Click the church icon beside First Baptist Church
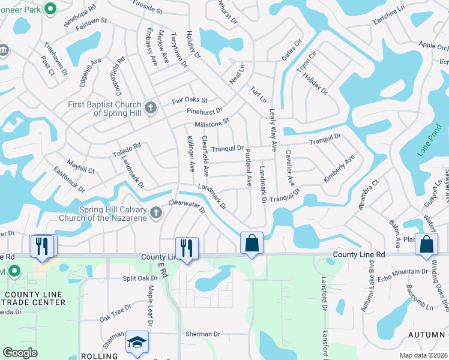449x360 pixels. [x=151, y=109]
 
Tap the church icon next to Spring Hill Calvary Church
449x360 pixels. [x=156, y=212]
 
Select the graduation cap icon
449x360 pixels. [x=137, y=342]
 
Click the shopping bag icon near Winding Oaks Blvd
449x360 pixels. [x=426, y=244]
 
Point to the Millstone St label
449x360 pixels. [x=212, y=122]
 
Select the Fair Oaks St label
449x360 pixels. [x=190, y=100]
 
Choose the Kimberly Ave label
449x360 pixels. [x=339, y=169]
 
